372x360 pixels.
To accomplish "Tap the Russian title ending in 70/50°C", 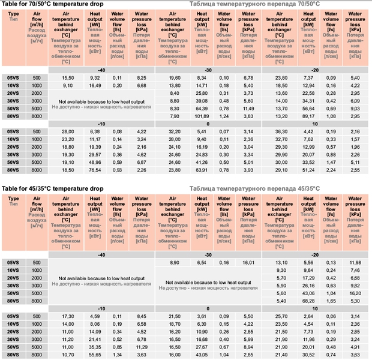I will click(x=254, y=4).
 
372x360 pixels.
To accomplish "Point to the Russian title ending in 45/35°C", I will click(x=254, y=188).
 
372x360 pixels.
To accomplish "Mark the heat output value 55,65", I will click(x=95, y=355).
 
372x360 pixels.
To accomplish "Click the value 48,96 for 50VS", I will click(x=95, y=162).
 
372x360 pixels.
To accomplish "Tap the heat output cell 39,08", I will click(x=202, y=100).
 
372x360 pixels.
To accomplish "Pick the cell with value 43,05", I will click(x=202, y=355).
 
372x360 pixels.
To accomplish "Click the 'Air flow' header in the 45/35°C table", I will click(x=37, y=204).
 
